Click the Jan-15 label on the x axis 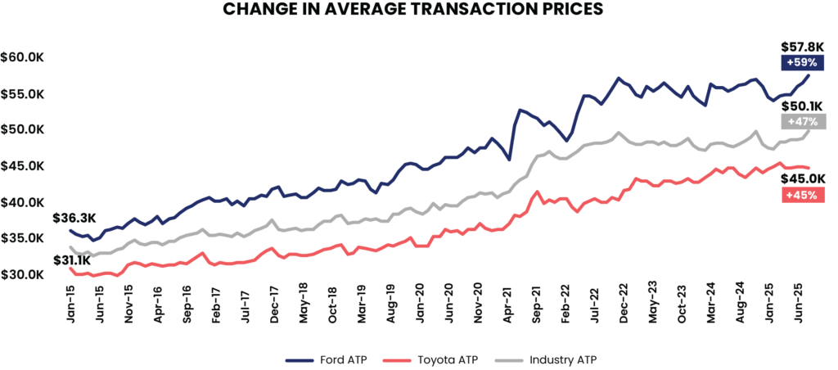coord(69,305)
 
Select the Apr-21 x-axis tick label coord(509,305)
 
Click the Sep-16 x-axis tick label coord(187,305)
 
